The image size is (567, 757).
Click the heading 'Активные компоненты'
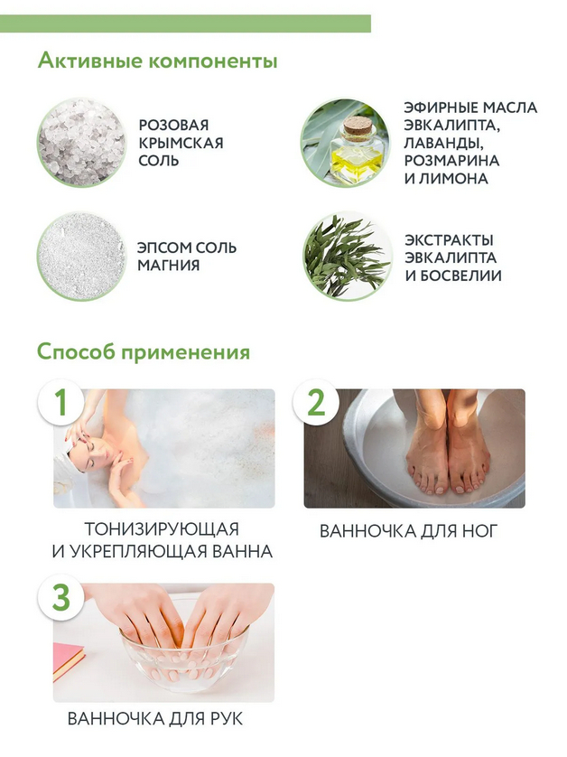pyautogui.click(x=157, y=61)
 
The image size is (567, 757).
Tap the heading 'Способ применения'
pyautogui.click(x=144, y=352)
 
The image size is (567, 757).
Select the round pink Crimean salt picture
pyautogui.click(x=81, y=143)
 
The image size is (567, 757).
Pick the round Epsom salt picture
pyautogui.click(x=81, y=257)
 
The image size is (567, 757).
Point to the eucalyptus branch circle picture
pyautogui.click(x=347, y=257)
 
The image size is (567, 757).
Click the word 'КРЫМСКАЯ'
pyautogui.click(x=181, y=143)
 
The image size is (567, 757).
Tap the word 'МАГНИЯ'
pyautogui.click(x=169, y=265)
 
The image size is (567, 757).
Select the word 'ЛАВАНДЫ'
pyautogui.click(x=444, y=144)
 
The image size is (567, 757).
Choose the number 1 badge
pyautogui.click(x=60, y=402)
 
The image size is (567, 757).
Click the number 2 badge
pyautogui.click(x=316, y=402)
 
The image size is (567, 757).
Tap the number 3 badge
pyautogui.click(x=60, y=597)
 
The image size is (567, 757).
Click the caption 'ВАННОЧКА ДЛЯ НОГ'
pyautogui.click(x=408, y=531)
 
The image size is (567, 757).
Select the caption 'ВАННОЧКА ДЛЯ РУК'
pyautogui.click(x=155, y=719)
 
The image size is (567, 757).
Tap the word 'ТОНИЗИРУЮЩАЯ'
pyautogui.click(x=163, y=529)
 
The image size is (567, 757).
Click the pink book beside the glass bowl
pyautogui.click(x=68, y=660)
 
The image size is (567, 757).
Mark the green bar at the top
pyautogui.click(x=185, y=23)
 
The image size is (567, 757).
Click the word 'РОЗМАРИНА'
pyautogui.click(x=451, y=161)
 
